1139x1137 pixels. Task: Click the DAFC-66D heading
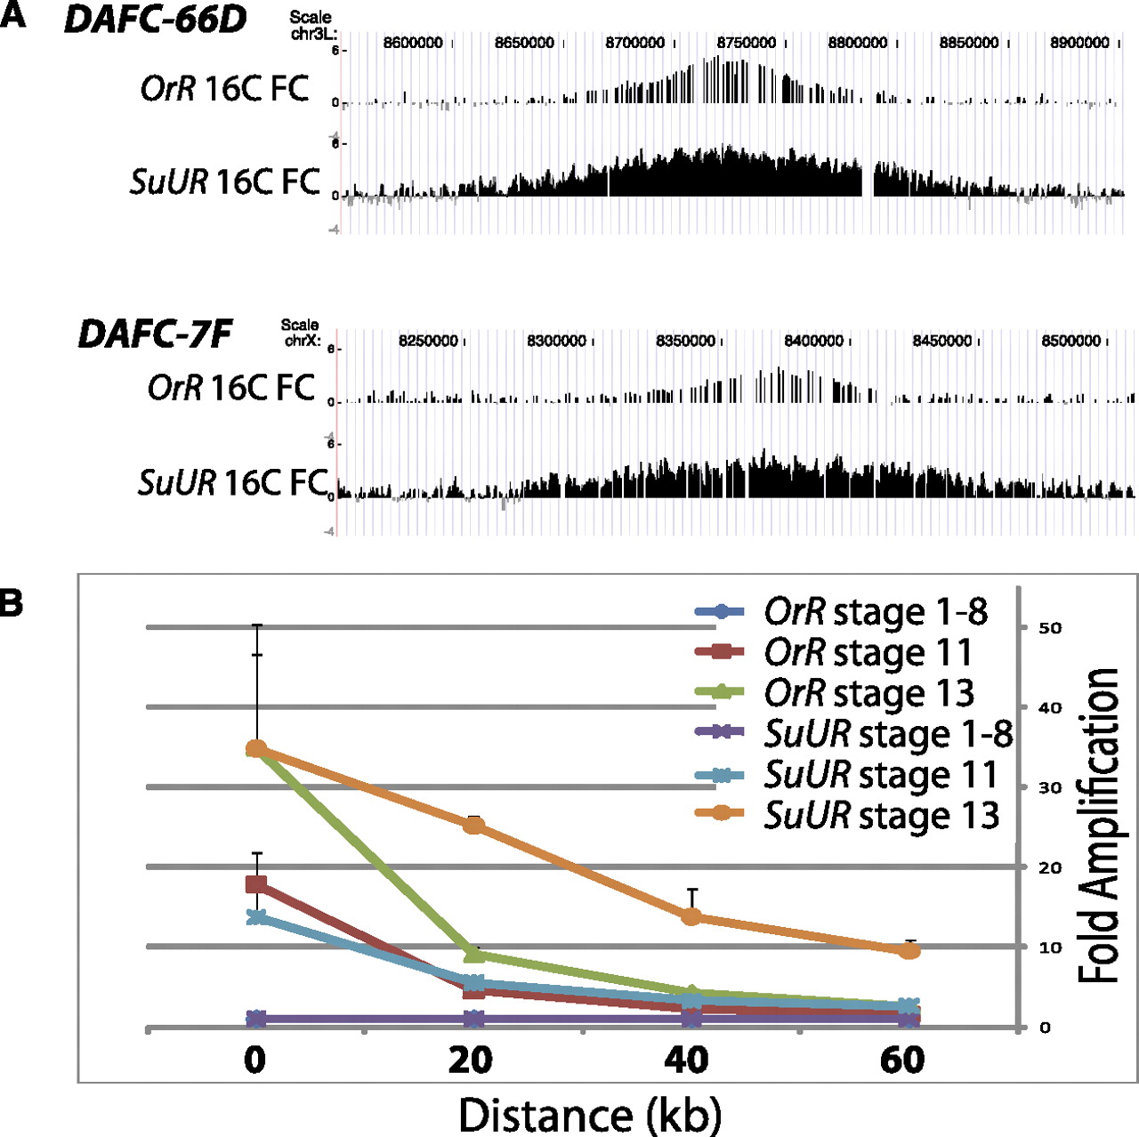point(156,20)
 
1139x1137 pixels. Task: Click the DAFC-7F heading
point(155,335)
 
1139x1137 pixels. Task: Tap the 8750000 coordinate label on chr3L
point(746,43)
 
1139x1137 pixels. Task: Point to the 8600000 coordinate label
point(413,43)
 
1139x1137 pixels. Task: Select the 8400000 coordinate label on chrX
point(813,341)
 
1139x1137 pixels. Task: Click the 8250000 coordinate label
point(428,341)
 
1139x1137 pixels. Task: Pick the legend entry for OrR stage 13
point(869,693)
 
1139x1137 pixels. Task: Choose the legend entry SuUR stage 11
point(881,775)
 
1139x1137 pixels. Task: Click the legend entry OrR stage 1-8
point(876,611)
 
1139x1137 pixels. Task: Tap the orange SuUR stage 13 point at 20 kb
point(474,826)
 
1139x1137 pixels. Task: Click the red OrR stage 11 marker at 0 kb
point(256,883)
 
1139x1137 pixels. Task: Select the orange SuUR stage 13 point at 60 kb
point(909,951)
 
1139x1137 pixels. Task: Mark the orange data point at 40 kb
point(691,916)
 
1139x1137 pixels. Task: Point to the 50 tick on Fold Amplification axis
point(1050,628)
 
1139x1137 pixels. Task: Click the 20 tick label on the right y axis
point(1050,867)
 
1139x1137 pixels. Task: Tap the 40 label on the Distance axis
point(687,1060)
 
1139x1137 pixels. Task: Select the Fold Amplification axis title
point(1100,826)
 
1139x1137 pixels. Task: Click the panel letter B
point(12,603)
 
